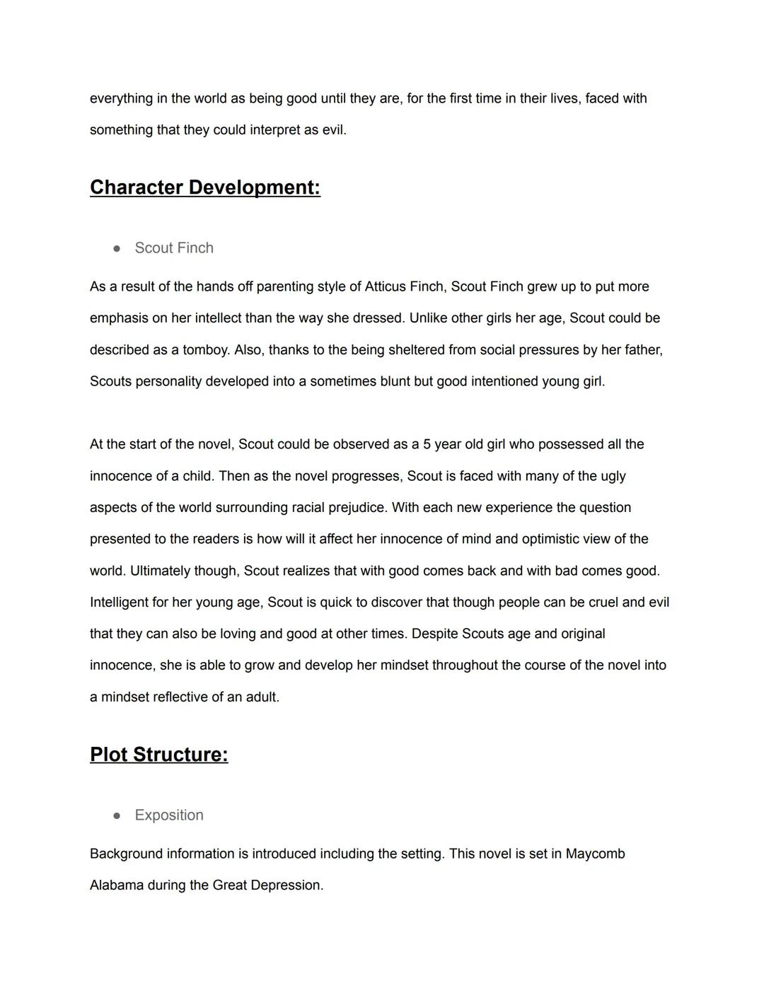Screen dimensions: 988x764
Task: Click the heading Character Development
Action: (204, 187)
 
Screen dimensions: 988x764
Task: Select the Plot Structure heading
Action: (158, 755)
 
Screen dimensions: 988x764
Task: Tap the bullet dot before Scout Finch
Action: (117, 248)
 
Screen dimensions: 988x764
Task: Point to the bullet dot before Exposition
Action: (117, 815)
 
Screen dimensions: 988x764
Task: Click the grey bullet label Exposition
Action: (169, 815)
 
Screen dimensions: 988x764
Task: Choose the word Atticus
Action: (386, 286)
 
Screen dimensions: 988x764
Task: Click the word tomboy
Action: (205, 350)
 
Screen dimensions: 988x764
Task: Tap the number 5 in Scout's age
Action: (427, 444)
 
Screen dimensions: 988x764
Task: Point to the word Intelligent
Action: (119, 603)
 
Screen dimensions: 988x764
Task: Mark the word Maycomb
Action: (595, 854)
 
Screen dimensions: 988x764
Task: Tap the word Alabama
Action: (117, 885)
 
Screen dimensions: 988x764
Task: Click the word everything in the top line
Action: (121, 98)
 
